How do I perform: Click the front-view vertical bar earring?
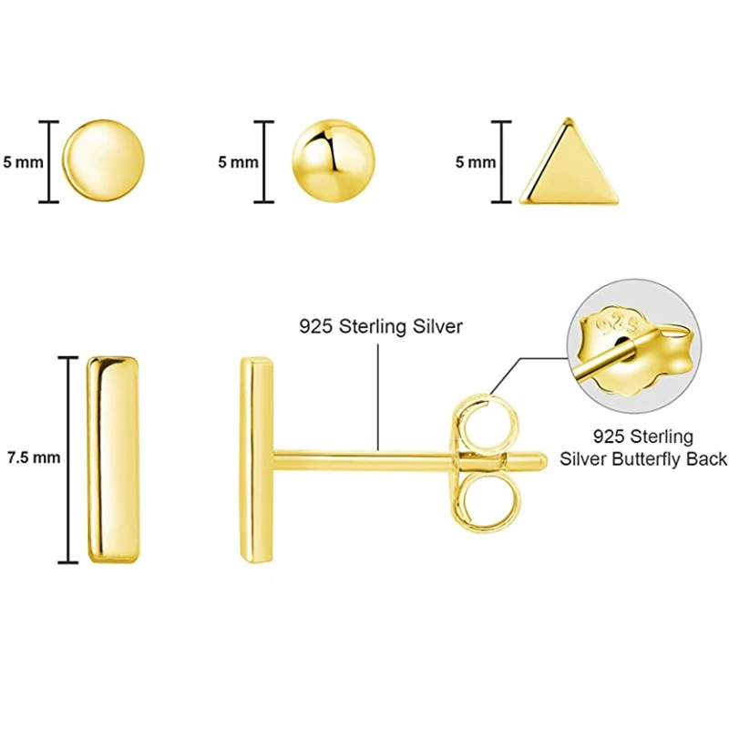pyautogui.click(x=114, y=457)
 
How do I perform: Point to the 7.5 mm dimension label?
pyautogui.click(x=33, y=457)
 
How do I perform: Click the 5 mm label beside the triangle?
pyautogui.click(x=476, y=162)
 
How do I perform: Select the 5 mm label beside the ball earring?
pyautogui.click(x=239, y=162)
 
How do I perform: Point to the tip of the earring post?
pyautogui.click(x=545, y=460)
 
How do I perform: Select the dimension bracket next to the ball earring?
pyautogui.click(x=264, y=162)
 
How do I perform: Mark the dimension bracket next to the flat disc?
pyautogui.click(x=50, y=162)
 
